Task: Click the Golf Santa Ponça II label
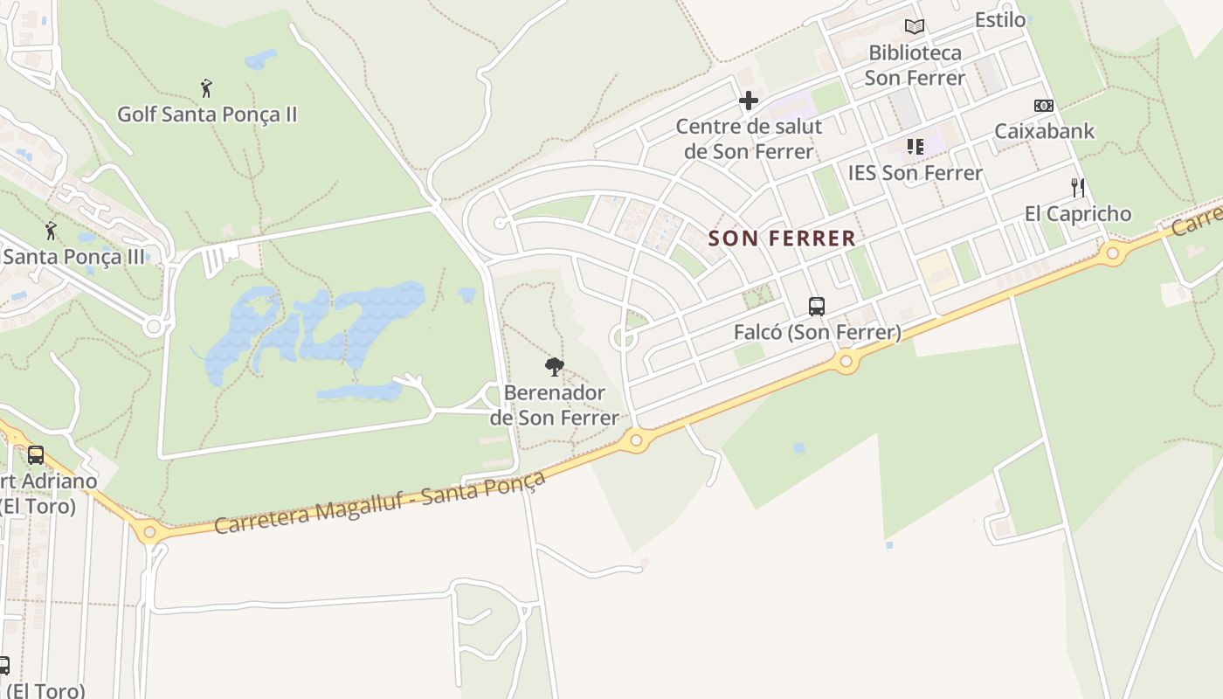click(x=207, y=114)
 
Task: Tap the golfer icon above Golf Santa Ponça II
click(x=206, y=88)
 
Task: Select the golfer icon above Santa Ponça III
click(x=51, y=231)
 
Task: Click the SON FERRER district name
click(x=782, y=238)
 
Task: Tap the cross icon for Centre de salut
click(x=749, y=101)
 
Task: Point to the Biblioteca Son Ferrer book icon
click(x=915, y=27)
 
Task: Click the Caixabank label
click(x=1044, y=131)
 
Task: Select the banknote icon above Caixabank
click(x=1044, y=106)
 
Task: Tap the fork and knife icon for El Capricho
click(x=1078, y=187)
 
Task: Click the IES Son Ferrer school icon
click(x=915, y=146)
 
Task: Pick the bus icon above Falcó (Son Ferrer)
click(x=817, y=306)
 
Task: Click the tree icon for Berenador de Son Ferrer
click(x=554, y=366)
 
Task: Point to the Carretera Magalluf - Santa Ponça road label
click(x=380, y=503)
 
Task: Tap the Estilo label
click(x=1000, y=20)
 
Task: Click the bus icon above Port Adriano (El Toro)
click(x=36, y=454)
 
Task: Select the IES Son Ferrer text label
click(x=915, y=173)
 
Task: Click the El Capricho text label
click(x=1077, y=214)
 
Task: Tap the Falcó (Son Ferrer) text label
click(x=817, y=333)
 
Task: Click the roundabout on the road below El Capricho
click(x=1112, y=254)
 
